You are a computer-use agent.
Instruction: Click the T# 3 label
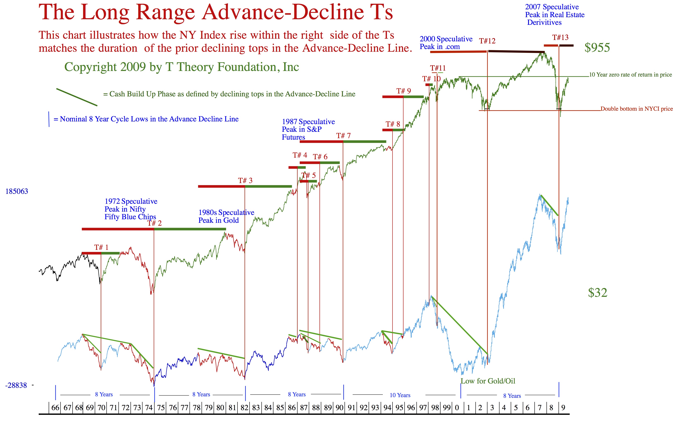click(x=245, y=180)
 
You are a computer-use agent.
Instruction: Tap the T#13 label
click(x=560, y=37)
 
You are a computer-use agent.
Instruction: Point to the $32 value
click(x=598, y=293)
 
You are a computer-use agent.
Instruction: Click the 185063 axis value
click(x=17, y=191)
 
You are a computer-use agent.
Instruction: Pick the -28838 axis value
click(x=16, y=386)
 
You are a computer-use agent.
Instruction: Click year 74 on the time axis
click(x=149, y=408)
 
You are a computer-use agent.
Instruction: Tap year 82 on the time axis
click(x=244, y=408)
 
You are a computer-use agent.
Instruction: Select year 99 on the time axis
click(x=447, y=408)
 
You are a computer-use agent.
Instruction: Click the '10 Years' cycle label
click(x=400, y=395)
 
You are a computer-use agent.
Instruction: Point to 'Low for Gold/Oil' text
click(x=488, y=381)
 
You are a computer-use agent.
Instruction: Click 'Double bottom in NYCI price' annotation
click(x=636, y=109)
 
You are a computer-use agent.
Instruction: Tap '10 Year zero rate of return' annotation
click(x=630, y=75)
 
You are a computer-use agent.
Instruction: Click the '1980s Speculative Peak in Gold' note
click(x=226, y=216)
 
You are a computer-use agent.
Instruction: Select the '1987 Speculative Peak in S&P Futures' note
click(x=308, y=129)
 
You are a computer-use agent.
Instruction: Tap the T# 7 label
click(x=343, y=136)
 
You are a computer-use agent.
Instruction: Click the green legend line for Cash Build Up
click(x=77, y=97)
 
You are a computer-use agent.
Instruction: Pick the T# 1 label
click(x=101, y=247)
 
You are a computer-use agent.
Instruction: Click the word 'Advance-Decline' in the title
click(x=284, y=13)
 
